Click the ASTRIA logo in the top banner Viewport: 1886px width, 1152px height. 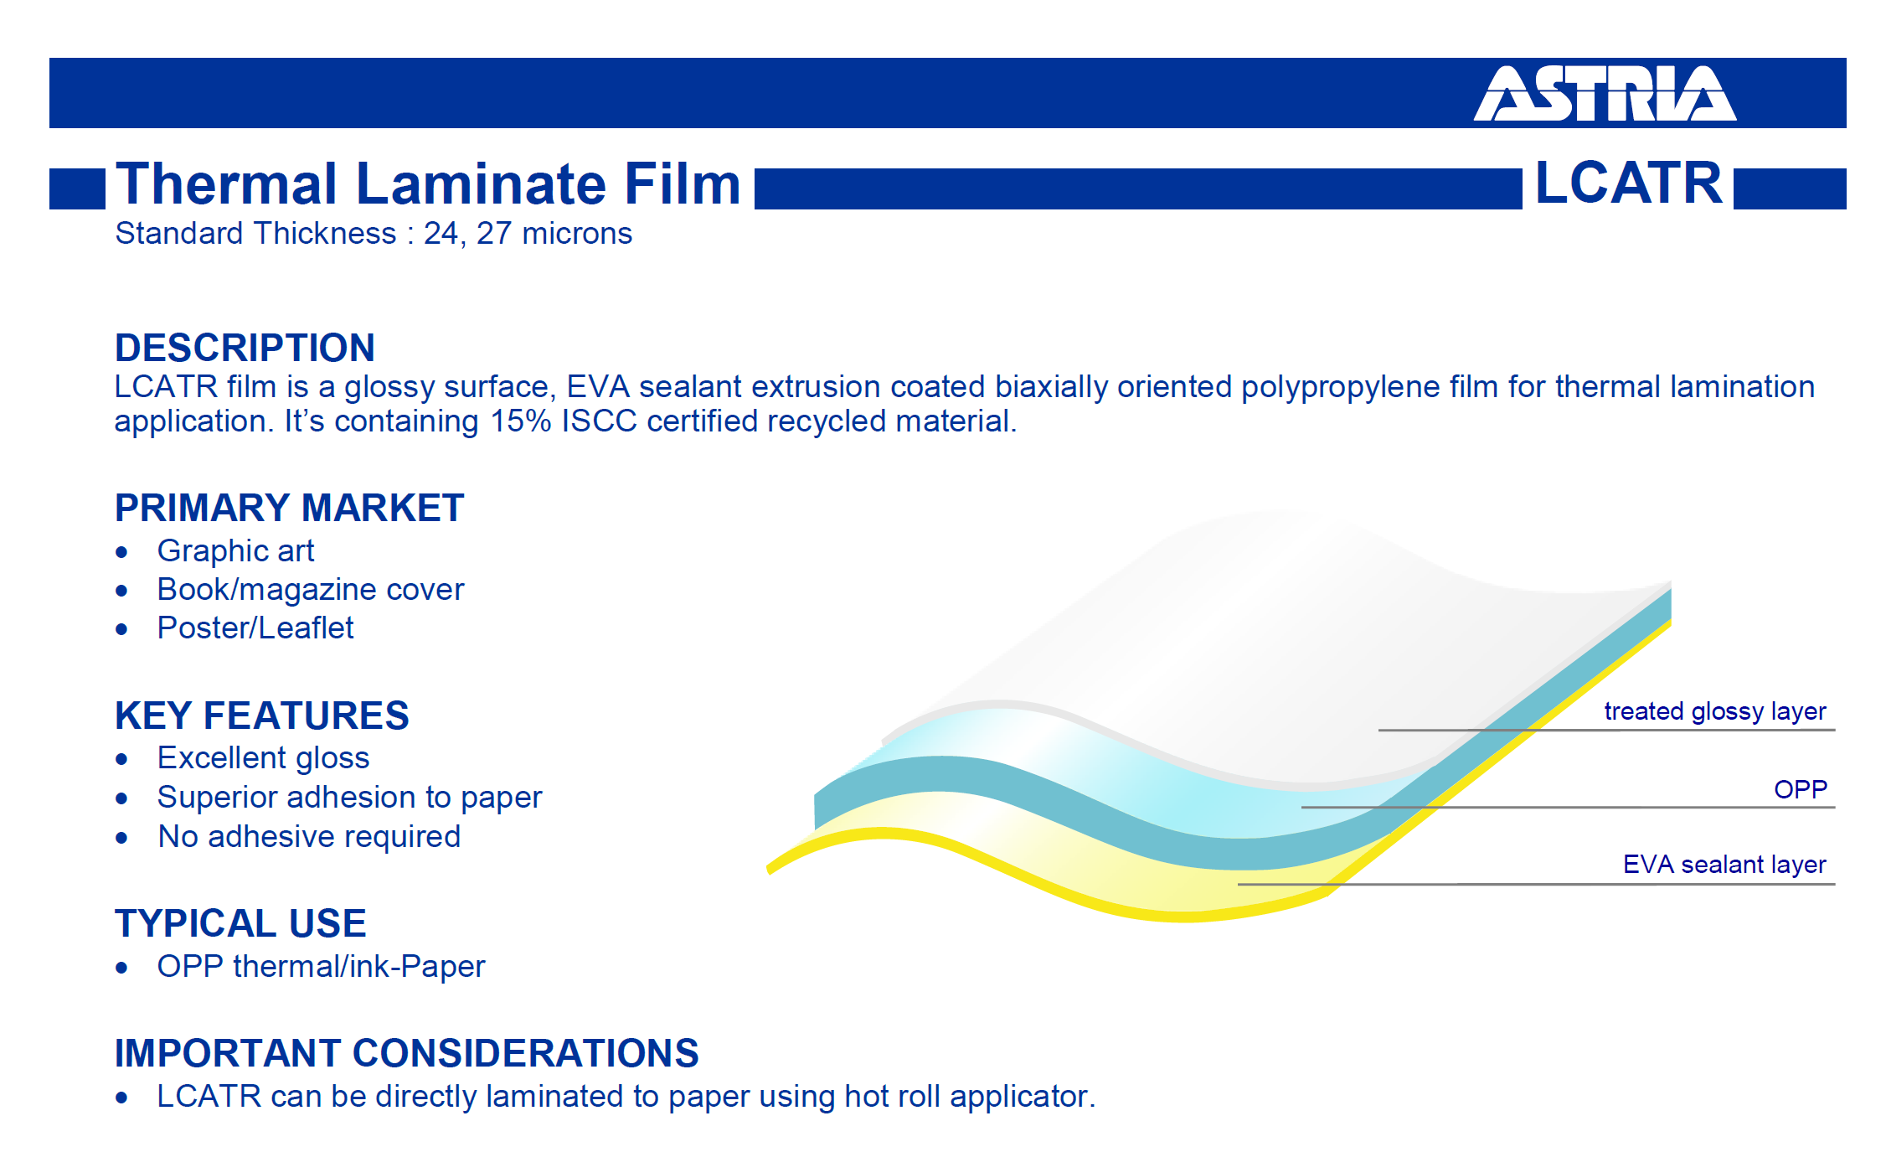coord(1605,93)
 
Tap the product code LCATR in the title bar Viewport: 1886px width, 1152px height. coord(1628,183)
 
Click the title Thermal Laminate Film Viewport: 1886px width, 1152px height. coord(428,183)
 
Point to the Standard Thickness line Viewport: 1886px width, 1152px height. coord(374,234)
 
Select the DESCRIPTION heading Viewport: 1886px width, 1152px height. coord(245,348)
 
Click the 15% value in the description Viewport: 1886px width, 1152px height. coord(520,421)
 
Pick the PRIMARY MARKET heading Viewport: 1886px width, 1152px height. coord(289,508)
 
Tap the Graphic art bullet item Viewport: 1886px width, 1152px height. coord(235,550)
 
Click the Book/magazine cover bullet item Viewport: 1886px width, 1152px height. coord(310,590)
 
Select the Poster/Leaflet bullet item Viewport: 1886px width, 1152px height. coord(255,628)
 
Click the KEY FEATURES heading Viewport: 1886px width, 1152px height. coord(261,715)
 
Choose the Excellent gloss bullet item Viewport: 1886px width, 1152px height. coord(263,758)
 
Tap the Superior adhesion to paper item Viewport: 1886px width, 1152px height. coord(349,798)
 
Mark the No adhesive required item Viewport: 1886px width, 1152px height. coord(309,837)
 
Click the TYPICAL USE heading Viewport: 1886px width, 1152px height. coord(240,923)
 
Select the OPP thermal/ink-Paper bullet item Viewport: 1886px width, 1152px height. coord(321,967)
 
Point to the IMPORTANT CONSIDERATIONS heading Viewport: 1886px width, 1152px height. coord(406,1053)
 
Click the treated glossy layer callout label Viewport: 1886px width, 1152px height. coord(1714,711)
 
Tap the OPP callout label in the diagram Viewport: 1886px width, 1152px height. coord(1801,789)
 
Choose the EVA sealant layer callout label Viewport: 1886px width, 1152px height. coord(1724,864)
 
